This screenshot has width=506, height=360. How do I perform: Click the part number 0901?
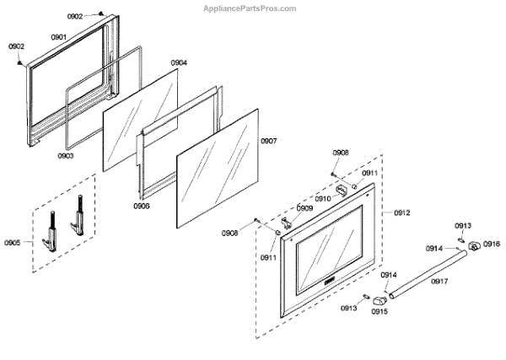[58, 37]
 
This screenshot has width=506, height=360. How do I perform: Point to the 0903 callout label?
[66, 155]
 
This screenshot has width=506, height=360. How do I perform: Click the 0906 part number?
[141, 205]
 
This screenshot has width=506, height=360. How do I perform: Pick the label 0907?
[268, 141]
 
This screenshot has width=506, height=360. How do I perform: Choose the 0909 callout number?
[304, 208]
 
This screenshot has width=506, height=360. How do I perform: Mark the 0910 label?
[323, 199]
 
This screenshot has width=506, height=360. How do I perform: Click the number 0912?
[401, 212]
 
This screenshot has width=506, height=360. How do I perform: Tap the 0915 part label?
[379, 311]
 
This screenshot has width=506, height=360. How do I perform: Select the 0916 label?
[492, 244]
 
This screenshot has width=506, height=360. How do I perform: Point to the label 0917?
[439, 281]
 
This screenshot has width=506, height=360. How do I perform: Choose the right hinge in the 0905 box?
[78, 218]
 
